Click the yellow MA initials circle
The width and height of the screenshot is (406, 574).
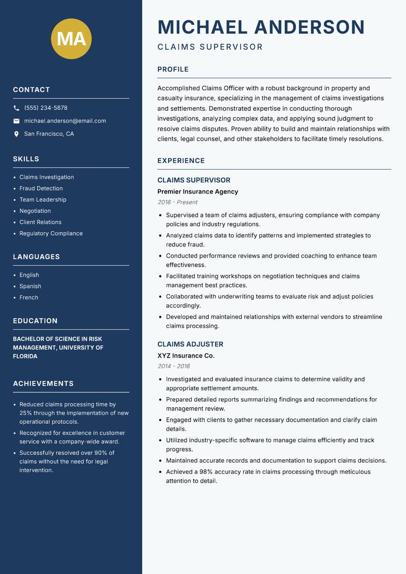click(x=72, y=39)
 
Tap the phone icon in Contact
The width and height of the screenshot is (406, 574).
click(x=17, y=108)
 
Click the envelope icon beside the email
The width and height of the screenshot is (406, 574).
click(x=17, y=121)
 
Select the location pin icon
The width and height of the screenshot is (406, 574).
click(x=17, y=134)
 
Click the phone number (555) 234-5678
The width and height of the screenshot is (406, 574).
click(x=46, y=108)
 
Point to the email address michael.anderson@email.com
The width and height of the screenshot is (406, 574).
click(x=65, y=121)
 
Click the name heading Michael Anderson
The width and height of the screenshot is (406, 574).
click(x=261, y=27)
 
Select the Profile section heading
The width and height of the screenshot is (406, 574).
click(x=173, y=70)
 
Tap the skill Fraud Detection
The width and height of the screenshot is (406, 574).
click(x=41, y=188)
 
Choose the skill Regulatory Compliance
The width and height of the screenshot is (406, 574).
click(x=51, y=234)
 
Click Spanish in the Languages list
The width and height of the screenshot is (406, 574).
click(x=30, y=286)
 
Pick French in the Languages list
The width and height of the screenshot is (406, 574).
click(x=29, y=298)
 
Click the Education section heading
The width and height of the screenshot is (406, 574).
click(x=36, y=321)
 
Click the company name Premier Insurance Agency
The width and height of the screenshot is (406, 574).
click(x=197, y=192)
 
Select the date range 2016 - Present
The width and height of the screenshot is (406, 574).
click(x=178, y=202)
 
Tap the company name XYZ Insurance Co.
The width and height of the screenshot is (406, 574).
click(x=186, y=356)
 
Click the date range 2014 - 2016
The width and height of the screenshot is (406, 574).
click(x=174, y=366)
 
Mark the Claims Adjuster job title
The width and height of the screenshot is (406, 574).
click(x=190, y=344)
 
